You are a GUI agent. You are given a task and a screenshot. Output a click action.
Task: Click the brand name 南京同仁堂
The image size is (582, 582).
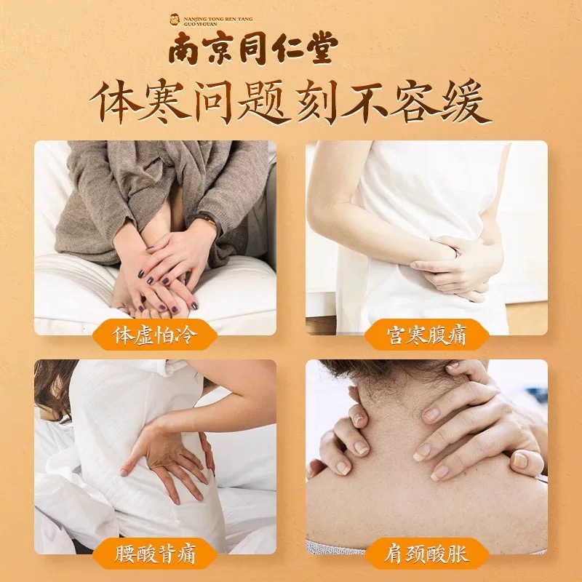[253, 47]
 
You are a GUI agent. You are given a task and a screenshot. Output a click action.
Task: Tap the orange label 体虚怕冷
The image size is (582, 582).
[154, 335]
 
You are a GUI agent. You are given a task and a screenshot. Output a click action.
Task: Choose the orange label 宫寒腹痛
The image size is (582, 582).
[426, 335]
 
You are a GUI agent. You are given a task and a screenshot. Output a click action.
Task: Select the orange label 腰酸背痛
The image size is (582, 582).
[154, 554]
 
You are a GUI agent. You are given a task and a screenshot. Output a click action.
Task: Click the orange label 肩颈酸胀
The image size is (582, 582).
[426, 554]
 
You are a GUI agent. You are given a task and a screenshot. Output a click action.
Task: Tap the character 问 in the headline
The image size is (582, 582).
[213, 102]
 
